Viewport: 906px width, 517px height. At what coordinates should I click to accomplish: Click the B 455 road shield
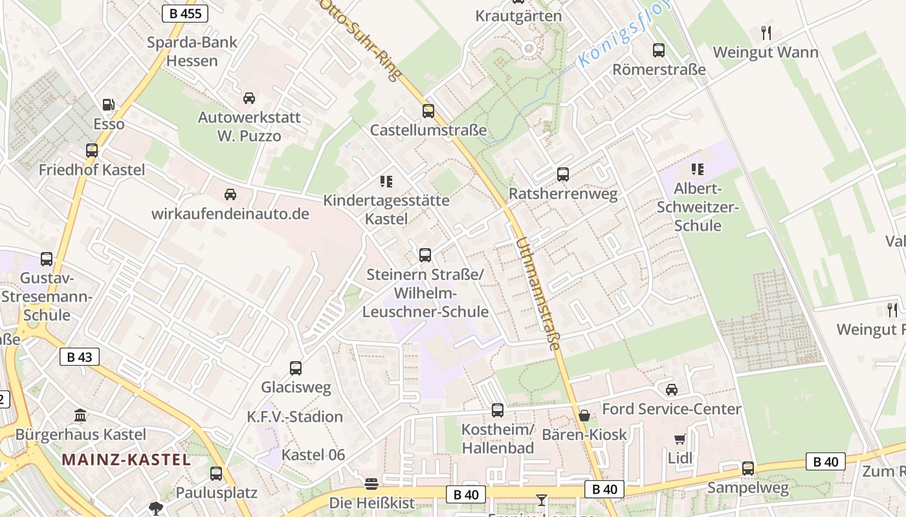[184, 14]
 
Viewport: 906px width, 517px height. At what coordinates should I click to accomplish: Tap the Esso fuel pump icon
[109, 104]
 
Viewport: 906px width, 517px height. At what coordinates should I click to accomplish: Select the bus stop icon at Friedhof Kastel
[92, 151]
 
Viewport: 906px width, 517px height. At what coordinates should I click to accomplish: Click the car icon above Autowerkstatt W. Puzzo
[249, 98]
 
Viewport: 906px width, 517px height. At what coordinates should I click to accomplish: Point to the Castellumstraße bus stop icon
[428, 111]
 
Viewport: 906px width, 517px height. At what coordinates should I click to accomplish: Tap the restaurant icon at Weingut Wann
[766, 32]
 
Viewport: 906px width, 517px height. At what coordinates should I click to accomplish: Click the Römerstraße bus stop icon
[659, 50]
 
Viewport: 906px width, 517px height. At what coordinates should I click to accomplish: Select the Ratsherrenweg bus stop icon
[563, 174]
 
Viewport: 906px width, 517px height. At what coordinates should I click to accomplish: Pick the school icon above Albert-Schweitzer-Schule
[697, 169]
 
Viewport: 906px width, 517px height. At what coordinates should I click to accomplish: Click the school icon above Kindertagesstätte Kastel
[386, 181]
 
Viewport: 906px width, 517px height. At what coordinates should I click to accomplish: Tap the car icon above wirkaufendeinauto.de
[230, 194]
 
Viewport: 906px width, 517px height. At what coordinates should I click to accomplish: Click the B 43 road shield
[80, 357]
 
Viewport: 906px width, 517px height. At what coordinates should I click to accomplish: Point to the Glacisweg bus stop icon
[296, 368]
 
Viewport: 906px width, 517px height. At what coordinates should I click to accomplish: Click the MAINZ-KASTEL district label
[126, 460]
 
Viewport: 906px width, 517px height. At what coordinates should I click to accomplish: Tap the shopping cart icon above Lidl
[679, 439]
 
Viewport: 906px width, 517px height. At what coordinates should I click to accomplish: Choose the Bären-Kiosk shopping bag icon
[584, 416]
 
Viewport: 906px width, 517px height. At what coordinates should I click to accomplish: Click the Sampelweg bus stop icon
[748, 468]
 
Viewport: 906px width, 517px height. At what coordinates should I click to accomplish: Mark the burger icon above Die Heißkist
[371, 483]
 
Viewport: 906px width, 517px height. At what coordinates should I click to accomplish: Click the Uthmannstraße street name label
[538, 295]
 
